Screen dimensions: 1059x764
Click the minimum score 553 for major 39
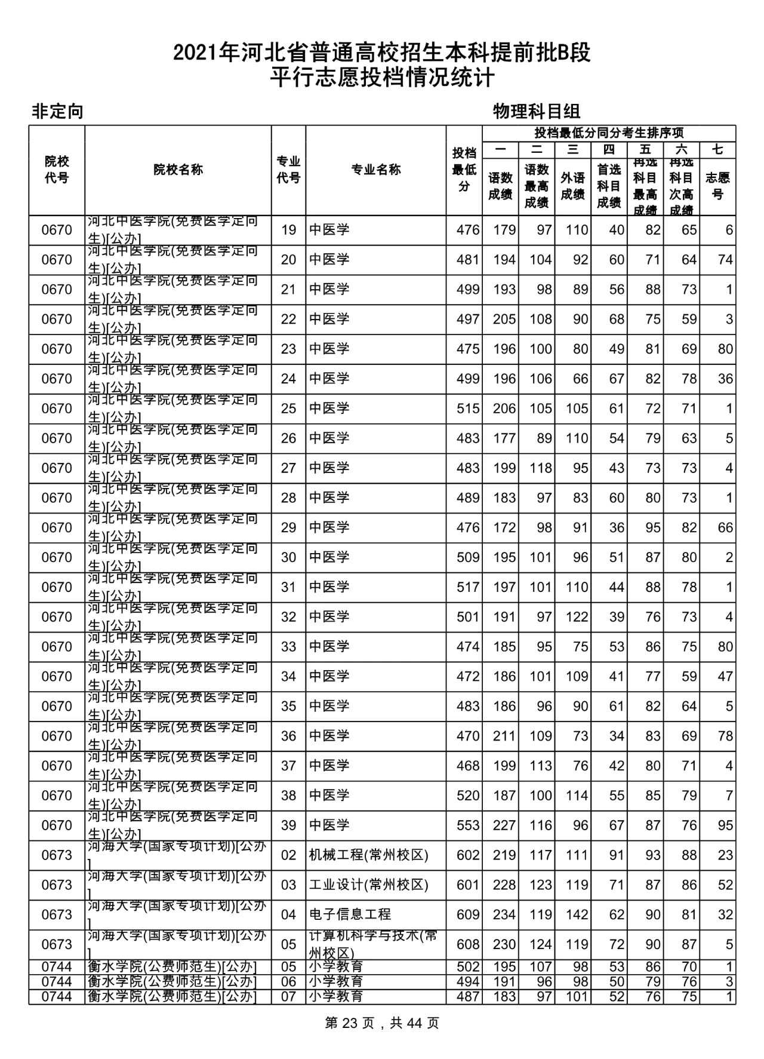click(x=467, y=825)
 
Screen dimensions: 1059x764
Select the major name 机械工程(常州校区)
click(x=368, y=855)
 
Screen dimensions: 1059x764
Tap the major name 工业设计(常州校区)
click(x=368, y=885)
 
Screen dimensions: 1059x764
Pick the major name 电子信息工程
click(x=350, y=914)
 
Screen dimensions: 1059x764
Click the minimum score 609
click(x=467, y=914)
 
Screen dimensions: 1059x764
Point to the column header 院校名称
click(x=178, y=170)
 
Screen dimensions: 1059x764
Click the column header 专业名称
click(x=375, y=170)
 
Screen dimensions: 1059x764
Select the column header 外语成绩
click(x=572, y=186)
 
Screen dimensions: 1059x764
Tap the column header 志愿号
click(x=717, y=186)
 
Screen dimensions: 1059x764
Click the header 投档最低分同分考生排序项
click(x=609, y=133)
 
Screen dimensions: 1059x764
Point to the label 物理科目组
click(x=537, y=111)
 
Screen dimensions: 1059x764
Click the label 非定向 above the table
click(x=57, y=111)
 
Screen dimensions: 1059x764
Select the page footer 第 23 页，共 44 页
click(x=382, y=1023)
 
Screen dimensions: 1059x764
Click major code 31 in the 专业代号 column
click(x=288, y=587)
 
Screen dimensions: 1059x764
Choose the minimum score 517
click(x=467, y=587)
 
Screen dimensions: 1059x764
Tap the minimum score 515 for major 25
click(x=467, y=409)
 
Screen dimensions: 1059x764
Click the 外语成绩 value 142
click(x=577, y=914)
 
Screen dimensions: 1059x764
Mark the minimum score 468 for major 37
click(x=467, y=766)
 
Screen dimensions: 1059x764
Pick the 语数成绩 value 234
click(x=504, y=914)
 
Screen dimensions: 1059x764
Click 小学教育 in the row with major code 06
click(x=336, y=981)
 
